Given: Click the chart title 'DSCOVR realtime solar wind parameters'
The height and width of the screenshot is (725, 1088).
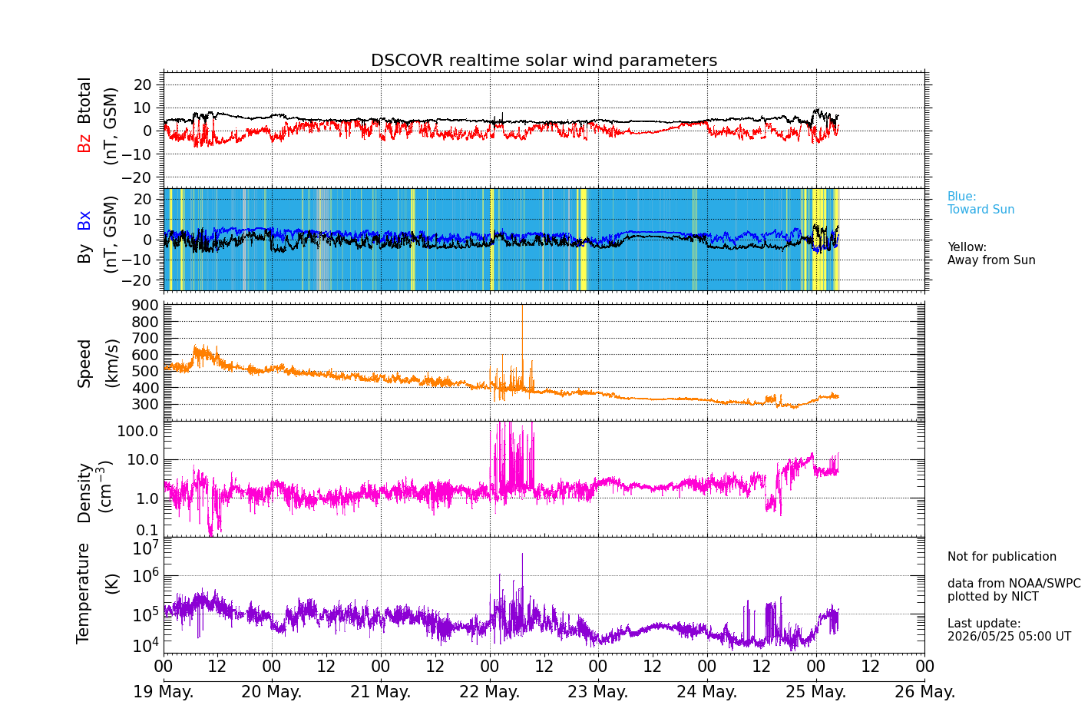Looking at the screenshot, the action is pos(544,60).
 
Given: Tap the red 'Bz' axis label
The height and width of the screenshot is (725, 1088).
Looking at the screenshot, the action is pos(84,141).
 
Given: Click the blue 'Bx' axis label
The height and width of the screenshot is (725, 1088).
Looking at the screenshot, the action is pos(84,220).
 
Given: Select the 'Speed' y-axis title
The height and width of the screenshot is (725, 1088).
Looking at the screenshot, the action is pos(84,363).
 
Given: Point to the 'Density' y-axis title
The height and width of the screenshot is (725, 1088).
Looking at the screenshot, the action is pos(84,493).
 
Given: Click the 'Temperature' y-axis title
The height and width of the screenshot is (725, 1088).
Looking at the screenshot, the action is pos(83,594).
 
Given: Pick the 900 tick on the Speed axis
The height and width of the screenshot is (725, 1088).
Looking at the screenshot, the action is pos(145,305).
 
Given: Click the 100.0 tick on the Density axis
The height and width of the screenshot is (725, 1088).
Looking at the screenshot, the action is pos(137,431).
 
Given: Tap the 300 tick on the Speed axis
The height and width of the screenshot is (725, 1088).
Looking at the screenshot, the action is pos(145,404).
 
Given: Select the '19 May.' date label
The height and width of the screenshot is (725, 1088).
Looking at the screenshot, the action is pos(164,691).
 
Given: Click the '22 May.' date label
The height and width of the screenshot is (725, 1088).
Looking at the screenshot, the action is pos(490,691).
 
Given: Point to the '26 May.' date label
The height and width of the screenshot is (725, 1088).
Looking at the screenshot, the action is pos(924,691).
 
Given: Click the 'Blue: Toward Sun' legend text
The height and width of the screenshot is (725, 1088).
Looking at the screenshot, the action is pos(981,203).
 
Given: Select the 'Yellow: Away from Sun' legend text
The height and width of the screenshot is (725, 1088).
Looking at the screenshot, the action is pos(991,253).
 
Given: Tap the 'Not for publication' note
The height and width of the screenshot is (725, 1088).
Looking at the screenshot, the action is pos(1001,556).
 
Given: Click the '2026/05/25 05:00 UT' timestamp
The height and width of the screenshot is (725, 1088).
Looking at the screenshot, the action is pos(1010,636).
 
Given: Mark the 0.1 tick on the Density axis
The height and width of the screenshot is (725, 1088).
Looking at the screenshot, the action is pos(147,530).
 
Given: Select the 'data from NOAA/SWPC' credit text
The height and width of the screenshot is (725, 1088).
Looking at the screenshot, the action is pos(1014,583).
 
